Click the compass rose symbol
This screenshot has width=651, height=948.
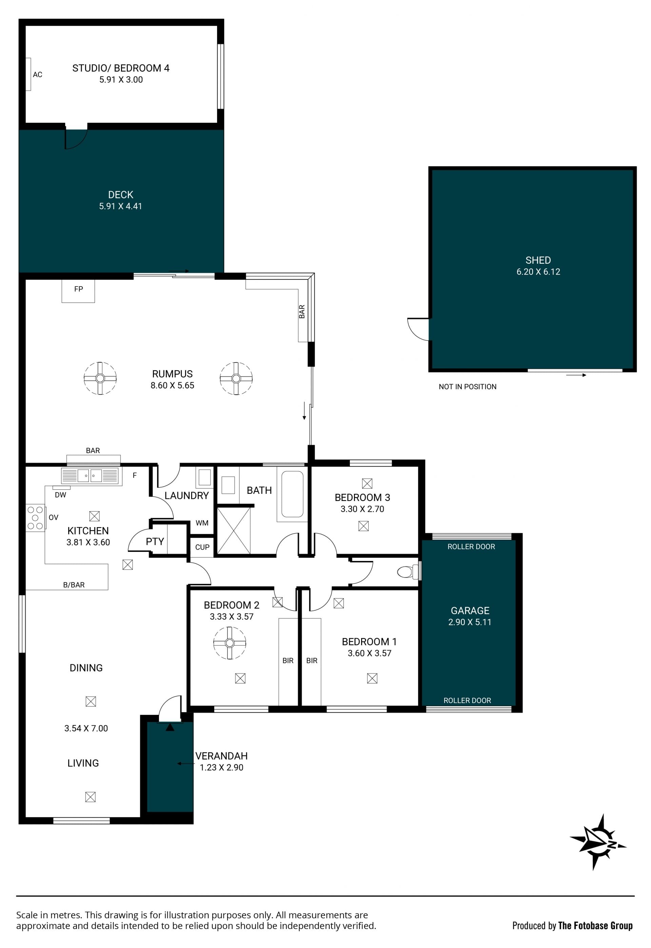(598, 843)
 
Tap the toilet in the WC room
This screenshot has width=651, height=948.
(408, 572)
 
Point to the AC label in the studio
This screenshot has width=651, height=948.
(38, 75)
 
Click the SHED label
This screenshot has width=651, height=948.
(538, 260)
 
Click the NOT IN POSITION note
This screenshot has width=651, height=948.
(468, 387)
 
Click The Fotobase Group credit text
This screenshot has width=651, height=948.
(595, 926)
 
